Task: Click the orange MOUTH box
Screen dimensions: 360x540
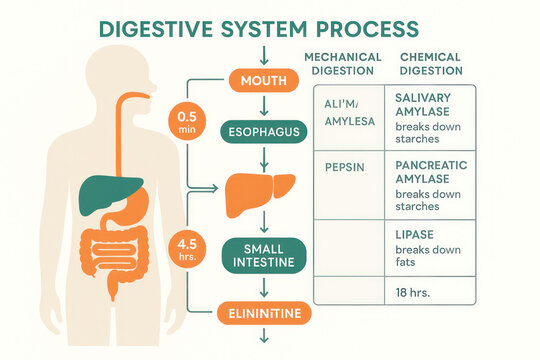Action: [x=264, y=79]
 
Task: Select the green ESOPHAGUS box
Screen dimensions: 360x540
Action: [x=264, y=131]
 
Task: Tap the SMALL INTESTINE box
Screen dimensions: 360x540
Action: [x=264, y=255]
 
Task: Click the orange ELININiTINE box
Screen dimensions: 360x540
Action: [x=264, y=315]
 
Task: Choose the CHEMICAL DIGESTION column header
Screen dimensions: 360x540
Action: [x=430, y=65]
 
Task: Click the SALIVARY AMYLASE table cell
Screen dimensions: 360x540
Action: [x=430, y=119]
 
